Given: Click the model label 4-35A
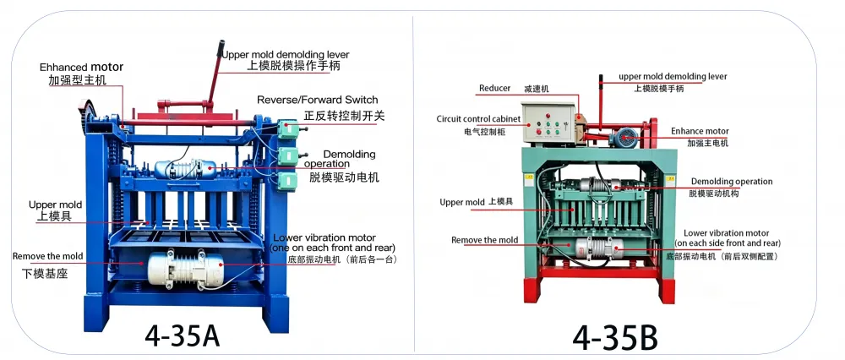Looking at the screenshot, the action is coord(183,335).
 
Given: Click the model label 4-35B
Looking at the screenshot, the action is coord(615,339).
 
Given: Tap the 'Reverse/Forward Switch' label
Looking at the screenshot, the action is coord(318,100).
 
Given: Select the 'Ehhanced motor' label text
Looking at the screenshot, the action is coord(81,68).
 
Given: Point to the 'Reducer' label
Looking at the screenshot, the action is coord(494,89).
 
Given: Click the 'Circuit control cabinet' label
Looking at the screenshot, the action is coord(478,118).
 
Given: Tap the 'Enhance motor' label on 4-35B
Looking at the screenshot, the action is coord(700,131).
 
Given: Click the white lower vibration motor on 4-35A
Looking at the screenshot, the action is coord(185,269).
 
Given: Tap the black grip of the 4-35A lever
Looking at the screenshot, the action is coord(220,47).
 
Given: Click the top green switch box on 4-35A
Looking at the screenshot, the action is coord(288,129).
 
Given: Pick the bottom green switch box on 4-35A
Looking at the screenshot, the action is coord(288,180).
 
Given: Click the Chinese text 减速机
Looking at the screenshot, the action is coord(537,89).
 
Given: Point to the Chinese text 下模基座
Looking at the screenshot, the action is coord(45,273).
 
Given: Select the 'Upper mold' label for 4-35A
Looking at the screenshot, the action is coord(55,205).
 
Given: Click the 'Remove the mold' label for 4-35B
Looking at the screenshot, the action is coord(484,240).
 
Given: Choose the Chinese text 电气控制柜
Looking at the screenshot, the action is coord(484,131).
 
